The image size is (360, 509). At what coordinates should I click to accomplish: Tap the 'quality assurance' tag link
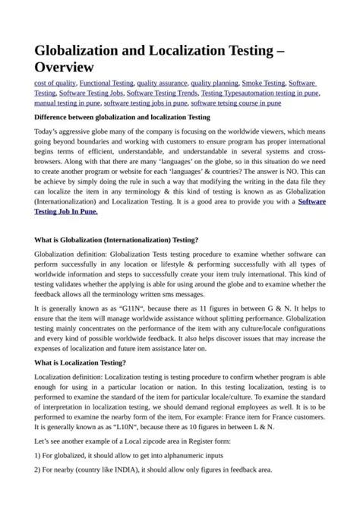162,82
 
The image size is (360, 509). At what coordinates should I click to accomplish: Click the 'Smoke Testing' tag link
263,82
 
